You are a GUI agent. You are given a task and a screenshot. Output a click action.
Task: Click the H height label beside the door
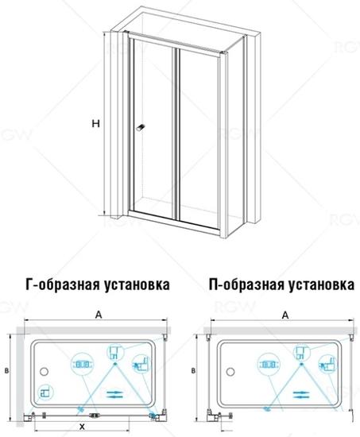(x=95, y=123)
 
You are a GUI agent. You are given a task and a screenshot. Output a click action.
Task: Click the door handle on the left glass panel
(x=141, y=128)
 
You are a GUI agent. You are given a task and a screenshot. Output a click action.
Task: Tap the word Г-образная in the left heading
(x=63, y=284)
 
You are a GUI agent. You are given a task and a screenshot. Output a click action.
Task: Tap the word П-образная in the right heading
(x=247, y=284)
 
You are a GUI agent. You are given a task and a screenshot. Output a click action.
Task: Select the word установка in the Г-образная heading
(x=137, y=284)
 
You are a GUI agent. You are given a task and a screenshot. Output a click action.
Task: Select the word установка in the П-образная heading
(x=321, y=284)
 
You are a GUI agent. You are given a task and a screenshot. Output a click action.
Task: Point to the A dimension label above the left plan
(x=99, y=315)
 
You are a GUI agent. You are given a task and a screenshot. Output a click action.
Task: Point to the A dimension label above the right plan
(x=285, y=315)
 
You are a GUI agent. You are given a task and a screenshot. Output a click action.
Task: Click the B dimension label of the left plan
(x=6, y=371)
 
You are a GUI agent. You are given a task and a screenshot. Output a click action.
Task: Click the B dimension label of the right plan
(x=193, y=371)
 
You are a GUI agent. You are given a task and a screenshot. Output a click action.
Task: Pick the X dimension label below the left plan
(x=82, y=427)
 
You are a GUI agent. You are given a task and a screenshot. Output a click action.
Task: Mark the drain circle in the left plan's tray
(x=44, y=372)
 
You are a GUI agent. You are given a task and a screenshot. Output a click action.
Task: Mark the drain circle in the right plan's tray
(x=230, y=372)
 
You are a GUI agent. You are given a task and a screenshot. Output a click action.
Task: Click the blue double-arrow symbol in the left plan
(x=114, y=394)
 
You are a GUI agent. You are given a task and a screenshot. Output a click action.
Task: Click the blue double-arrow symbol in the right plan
(x=301, y=395)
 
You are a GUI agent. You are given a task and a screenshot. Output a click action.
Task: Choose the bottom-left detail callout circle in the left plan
(x=45, y=393)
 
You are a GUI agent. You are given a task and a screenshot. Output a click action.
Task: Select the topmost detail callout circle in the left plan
(x=115, y=352)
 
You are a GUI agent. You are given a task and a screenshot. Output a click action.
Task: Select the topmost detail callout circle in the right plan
(x=302, y=352)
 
